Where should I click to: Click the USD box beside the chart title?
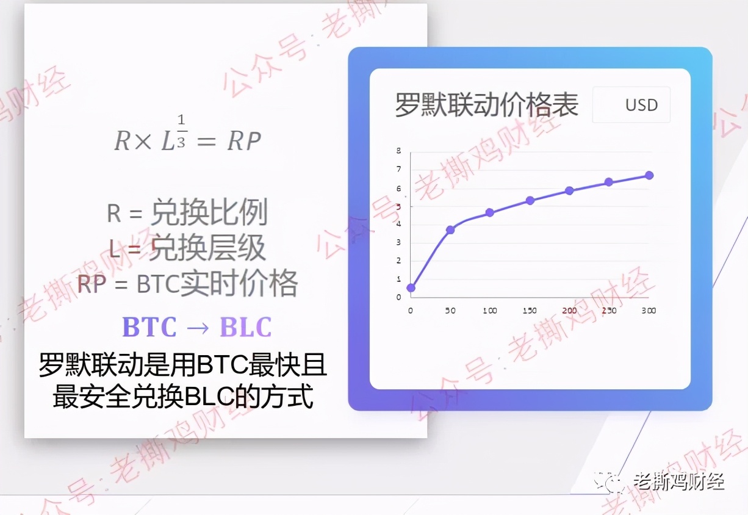(x=631, y=104)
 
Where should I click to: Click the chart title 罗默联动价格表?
(x=487, y=104)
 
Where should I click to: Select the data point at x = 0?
(x=411, y=287)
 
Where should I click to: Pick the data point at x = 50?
(x=450, y=230)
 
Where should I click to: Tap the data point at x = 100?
(x=490, y=213)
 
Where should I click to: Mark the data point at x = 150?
(x=530, y=201)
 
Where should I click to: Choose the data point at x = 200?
(x=569, y=191)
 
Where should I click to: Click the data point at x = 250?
(x=609, y=182)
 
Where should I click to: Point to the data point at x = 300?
(x=649, y=175)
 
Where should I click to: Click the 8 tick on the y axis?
(x=399, y=151)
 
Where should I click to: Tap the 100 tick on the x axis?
(x=490, y=311)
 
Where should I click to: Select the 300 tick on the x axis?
(x=649, y=311)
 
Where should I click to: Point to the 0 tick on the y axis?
(x=399, y=297)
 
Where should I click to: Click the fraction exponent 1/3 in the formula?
(x=181, y=131)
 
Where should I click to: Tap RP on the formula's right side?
(x=244, y=141)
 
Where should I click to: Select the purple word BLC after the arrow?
(x=246, y=326)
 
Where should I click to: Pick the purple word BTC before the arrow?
(x=149, y=326)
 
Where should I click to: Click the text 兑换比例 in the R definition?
(x=209, y=212)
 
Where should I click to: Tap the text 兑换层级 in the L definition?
(x=207, y=248)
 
